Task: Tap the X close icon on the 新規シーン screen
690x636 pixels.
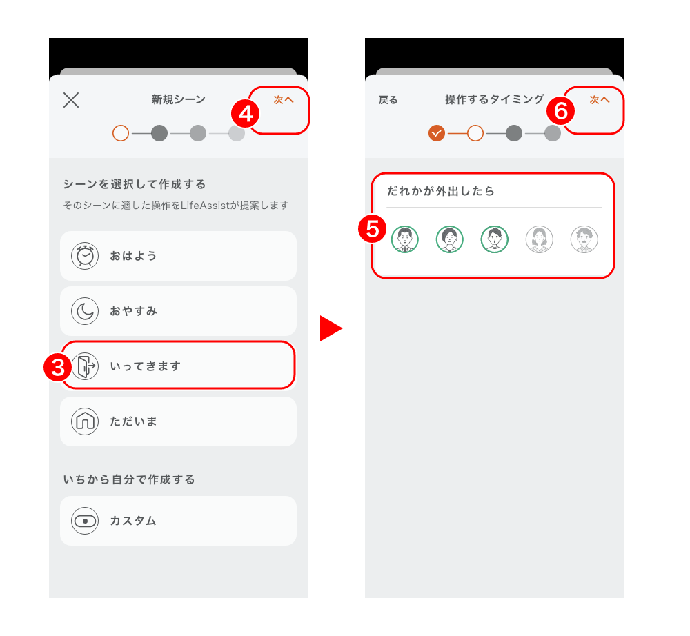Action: click(71, 100)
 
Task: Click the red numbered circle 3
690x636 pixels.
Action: click(58, 367)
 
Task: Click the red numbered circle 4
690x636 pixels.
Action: click(245, 114)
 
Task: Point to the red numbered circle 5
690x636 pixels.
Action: click(373, 229)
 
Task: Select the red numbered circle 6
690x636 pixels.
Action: click(560, 110)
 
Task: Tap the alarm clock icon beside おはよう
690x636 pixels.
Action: click(85, 255)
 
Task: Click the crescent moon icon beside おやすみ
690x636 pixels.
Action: click(85, 311)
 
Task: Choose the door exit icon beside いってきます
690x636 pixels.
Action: click(85, 366)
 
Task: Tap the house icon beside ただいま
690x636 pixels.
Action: click(85, 421)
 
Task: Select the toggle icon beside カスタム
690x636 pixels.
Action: click(85, 521)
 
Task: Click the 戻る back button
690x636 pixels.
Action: click(388, 100)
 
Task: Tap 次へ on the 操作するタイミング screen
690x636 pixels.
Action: click(600, 100)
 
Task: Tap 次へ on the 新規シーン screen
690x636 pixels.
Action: click(284, 100)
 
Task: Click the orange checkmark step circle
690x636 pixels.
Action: click(437, 133)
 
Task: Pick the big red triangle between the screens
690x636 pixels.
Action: click(331, 328)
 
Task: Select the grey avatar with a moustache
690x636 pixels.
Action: click(584, 239)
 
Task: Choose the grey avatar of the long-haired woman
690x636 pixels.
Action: click(539, 239)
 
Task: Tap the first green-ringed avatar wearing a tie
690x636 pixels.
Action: click(405, 239)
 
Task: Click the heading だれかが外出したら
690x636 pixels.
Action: click(440, 191)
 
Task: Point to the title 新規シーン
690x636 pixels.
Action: click(178, 99)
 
